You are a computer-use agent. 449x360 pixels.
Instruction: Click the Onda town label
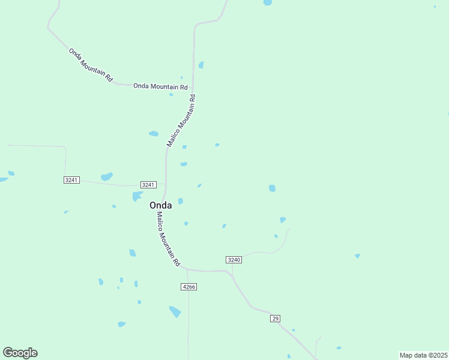[x=160, y=205]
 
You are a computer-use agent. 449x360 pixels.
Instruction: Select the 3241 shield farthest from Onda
[x=71, y=180]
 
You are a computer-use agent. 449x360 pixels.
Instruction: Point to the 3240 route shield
[x=234, y=259]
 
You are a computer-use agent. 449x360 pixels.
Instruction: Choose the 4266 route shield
[x=188, y=287]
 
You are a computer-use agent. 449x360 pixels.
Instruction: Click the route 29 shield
[x=275, y=318]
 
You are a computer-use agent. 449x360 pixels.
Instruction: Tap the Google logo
[x=20, y=353]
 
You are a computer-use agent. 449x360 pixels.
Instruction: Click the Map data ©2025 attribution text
[x=423, y=355]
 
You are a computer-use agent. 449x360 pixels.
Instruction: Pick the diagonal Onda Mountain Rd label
[x=91, y=65]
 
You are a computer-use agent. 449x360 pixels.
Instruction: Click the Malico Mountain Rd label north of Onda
[x=181, y=120]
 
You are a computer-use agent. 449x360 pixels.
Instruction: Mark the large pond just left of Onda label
[x=137, y=196]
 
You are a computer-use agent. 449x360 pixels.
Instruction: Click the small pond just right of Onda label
[x=180, y=201]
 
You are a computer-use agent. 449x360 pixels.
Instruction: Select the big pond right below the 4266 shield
[x=175, y=311]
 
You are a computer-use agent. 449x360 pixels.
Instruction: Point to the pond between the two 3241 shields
[x=107, y=176]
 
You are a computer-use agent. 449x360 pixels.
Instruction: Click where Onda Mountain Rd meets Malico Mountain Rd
[x=192, y=86]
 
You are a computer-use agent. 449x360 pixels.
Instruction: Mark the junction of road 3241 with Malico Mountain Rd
[x=166, y=185]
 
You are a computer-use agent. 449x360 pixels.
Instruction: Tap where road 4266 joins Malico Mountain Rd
[x=188, y=270]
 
